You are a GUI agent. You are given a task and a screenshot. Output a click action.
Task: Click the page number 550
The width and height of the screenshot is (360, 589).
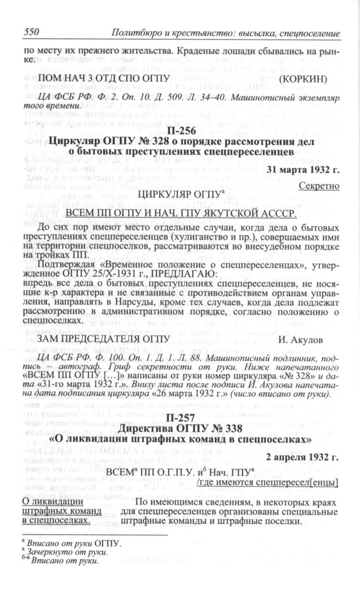(x=30, y=33)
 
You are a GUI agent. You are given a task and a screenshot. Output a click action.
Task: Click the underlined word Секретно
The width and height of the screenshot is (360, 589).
(x=319, y=186)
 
